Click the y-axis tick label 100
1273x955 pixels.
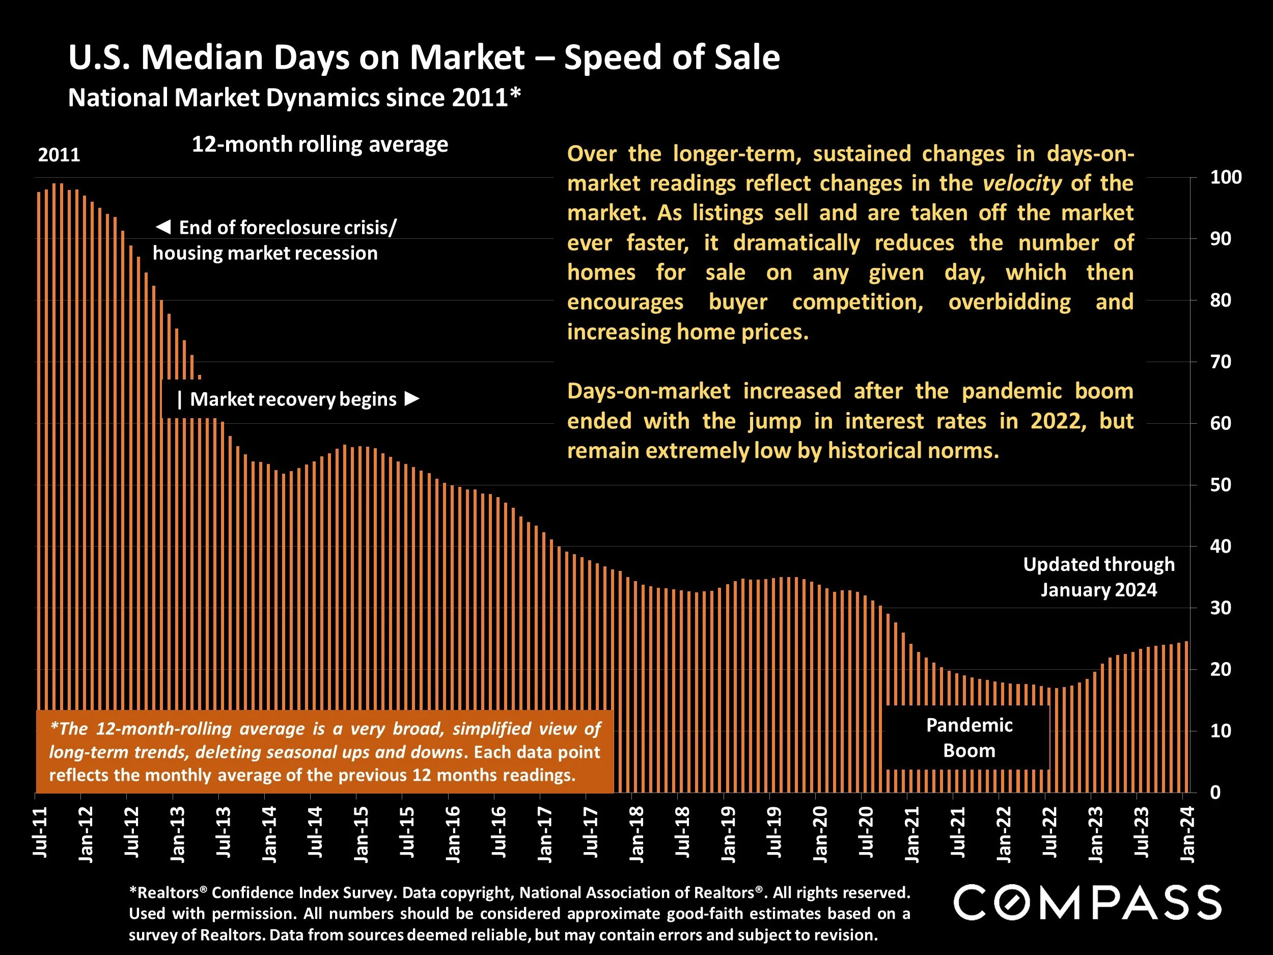pyautogui.click(x=1226, y=177)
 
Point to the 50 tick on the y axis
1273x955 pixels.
pyautogui.click(x=1221, y=485)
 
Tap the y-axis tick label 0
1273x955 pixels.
pyautogui.click(x=1215, y=793)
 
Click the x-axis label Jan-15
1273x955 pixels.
pyautogui.click(x=362, y=834)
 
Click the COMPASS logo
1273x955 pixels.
pyautogui.click(x=1087, y=902)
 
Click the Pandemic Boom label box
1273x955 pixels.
pyautogui.click(x=968, y=738)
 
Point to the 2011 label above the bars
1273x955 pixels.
pyautogui.click(x=59, y=155)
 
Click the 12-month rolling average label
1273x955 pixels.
pyautogui.click(x=319, y=144)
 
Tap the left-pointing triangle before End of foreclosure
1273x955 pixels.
pyautogui.click(x=163, y=227)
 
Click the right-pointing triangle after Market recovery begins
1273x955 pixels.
pyautogui.click(x=411, y=398)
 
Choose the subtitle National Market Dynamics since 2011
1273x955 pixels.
pyautogui.click(x=294, y=98)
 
